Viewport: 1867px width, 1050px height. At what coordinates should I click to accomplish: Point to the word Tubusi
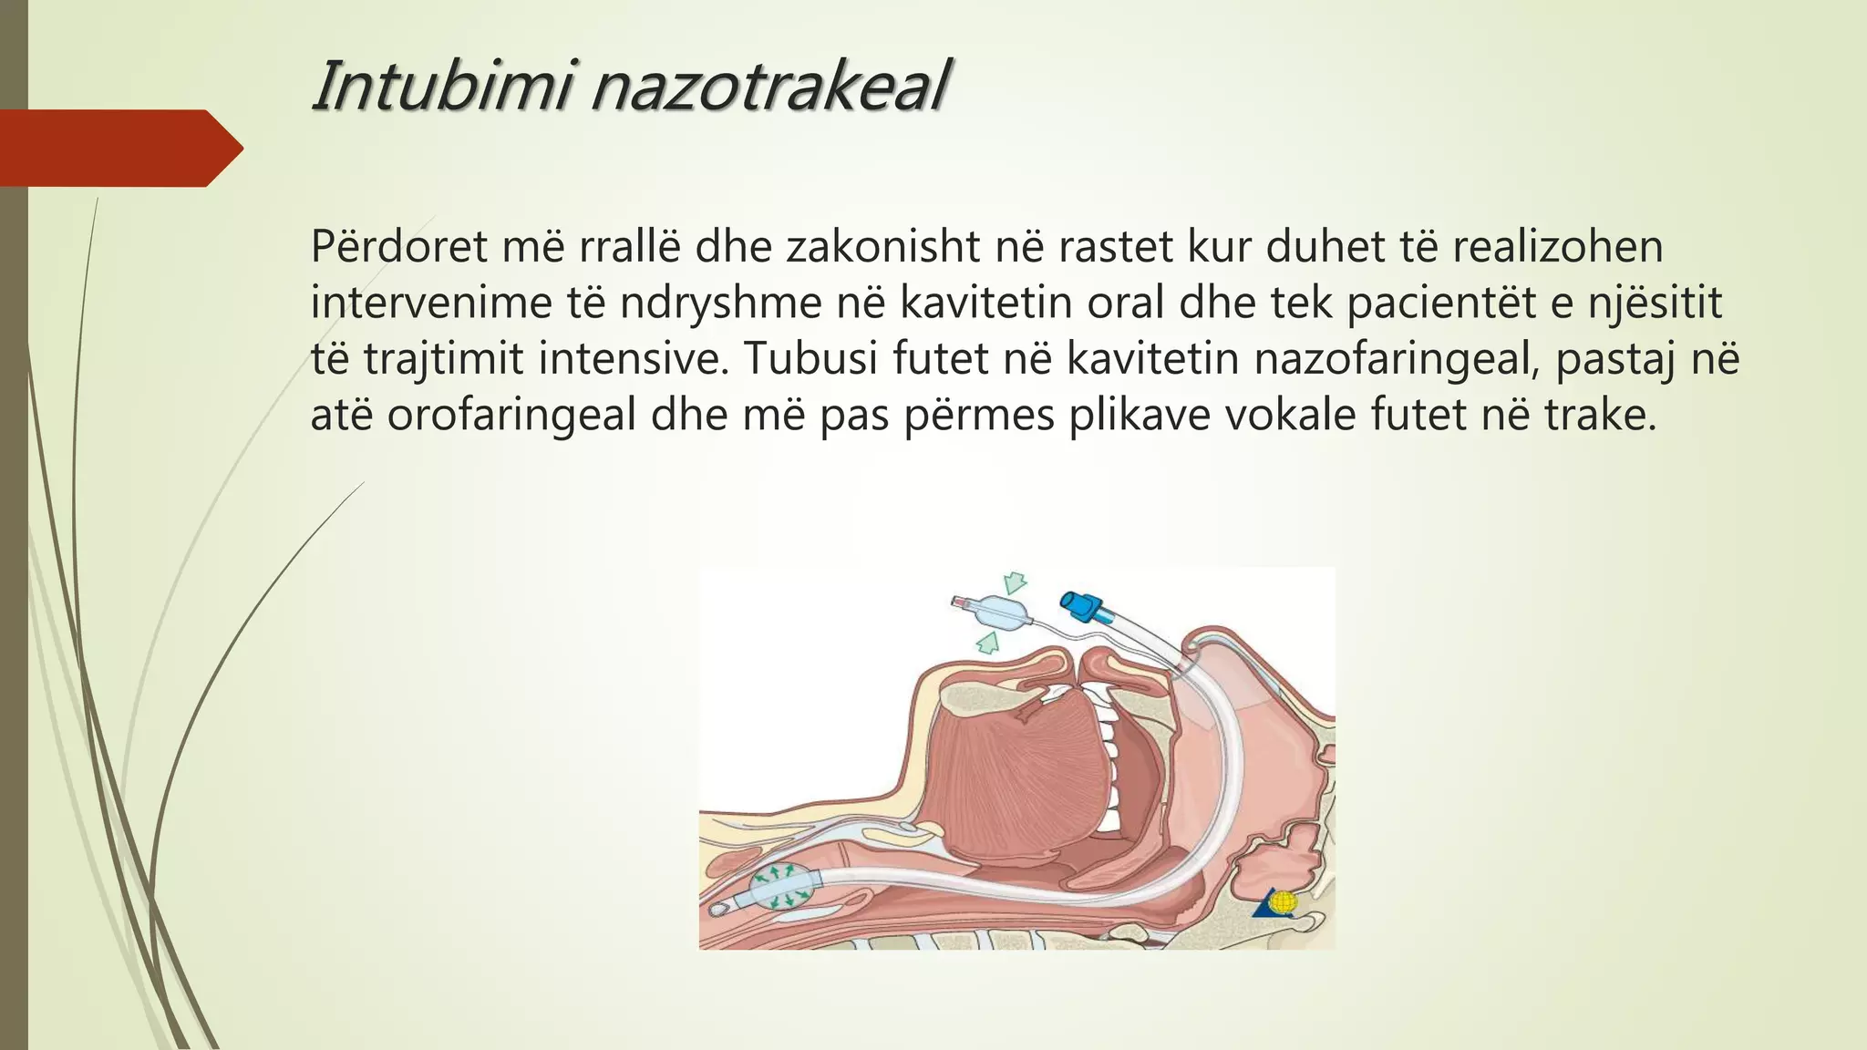pos(810,359)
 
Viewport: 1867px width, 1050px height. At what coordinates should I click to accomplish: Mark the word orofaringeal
pos(511,416)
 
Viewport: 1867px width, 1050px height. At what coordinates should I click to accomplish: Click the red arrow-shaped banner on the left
pos(119,149)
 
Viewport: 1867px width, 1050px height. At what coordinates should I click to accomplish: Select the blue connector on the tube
pos(1081,606)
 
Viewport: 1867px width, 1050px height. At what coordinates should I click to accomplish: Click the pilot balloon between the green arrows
pos(999,612)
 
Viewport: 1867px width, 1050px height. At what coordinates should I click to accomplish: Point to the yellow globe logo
pos(1283,902)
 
